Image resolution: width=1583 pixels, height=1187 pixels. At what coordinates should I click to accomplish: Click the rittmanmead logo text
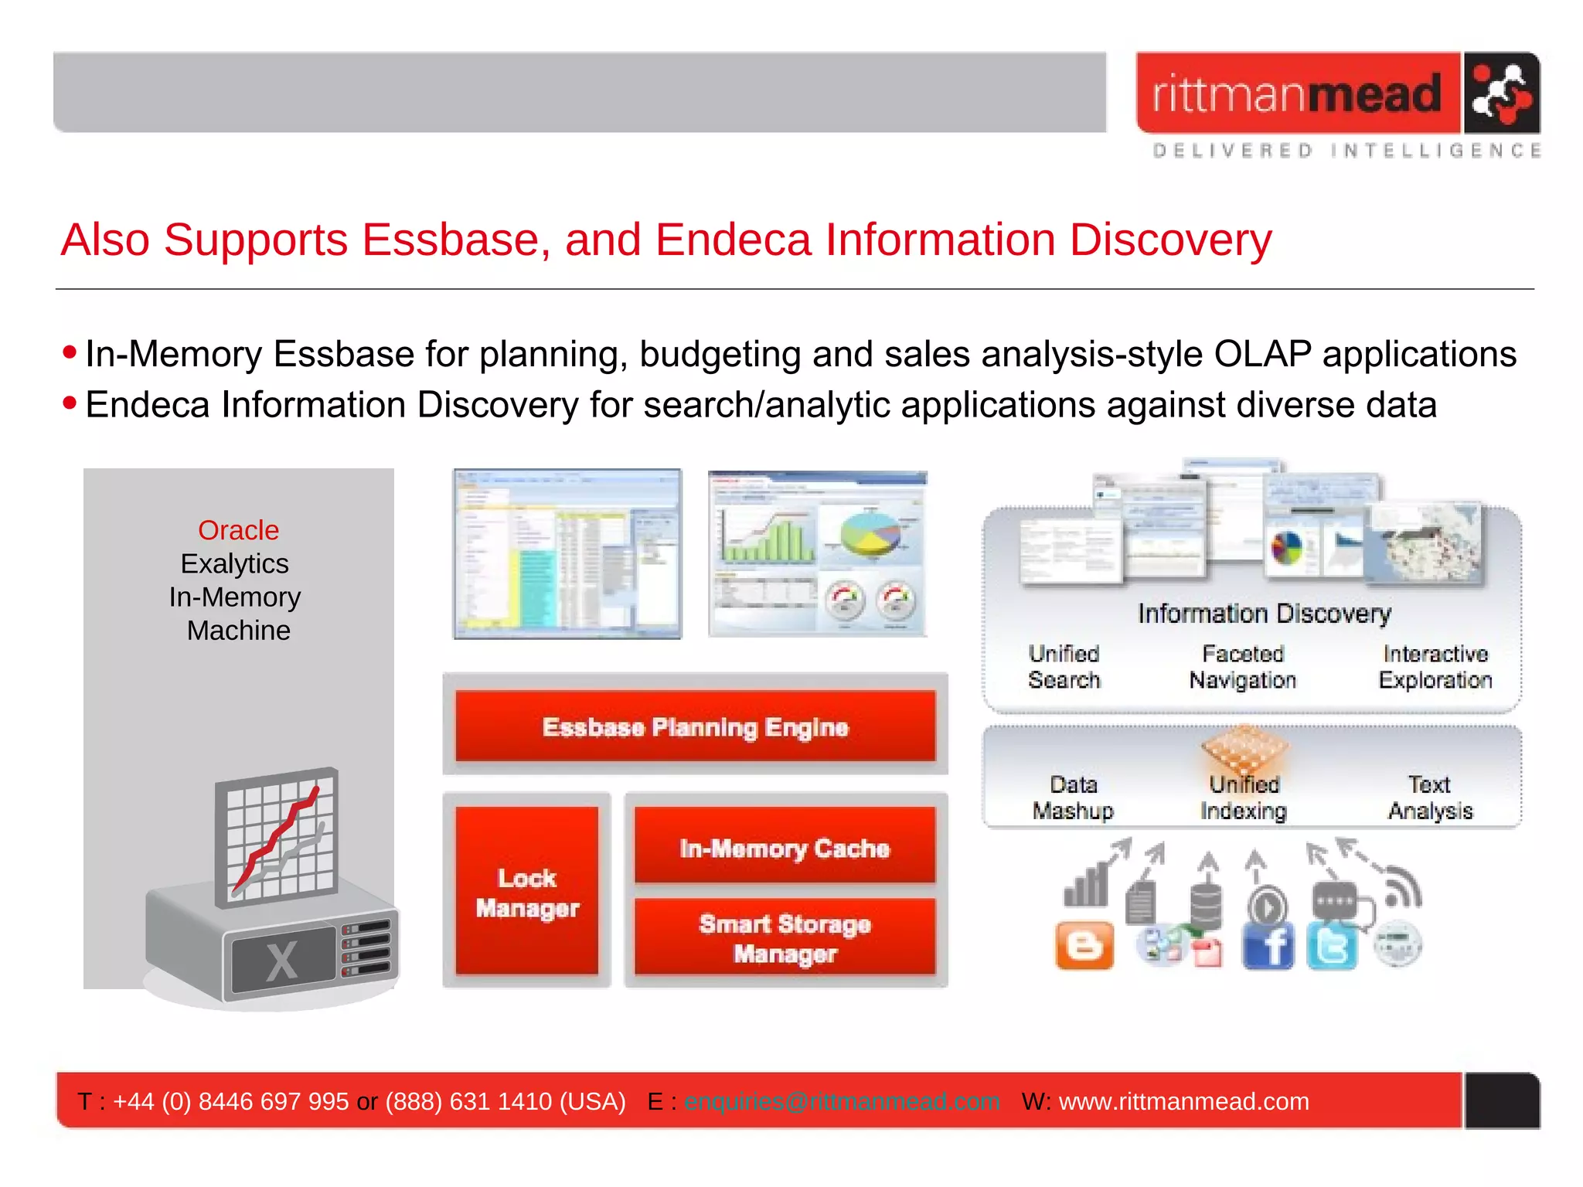tap(1297, 94)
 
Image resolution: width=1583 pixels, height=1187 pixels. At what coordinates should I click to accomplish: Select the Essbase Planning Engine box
tap(695, 726)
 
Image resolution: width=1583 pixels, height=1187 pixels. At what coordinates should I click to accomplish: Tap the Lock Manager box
tap(527, 893)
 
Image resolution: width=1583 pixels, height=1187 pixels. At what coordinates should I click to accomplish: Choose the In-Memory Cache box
tap(785, 848)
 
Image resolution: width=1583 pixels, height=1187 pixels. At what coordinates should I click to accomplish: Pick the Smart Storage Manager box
tap(785, 937)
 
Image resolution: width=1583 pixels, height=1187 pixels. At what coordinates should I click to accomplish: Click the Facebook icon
tap(1268, 946)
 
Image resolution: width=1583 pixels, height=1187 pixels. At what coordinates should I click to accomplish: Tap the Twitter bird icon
tap(1332, 946)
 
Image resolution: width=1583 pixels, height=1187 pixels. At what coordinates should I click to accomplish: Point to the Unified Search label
tap(1064, 666)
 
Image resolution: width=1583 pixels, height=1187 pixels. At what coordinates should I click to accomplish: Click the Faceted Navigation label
tap(1242, 666)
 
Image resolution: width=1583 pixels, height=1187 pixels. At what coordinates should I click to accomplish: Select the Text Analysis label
tap(1429, 798)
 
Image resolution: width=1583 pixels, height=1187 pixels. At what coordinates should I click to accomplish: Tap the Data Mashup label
tap(1073, 798)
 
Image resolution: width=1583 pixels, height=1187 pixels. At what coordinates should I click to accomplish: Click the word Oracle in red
tap(238, 530)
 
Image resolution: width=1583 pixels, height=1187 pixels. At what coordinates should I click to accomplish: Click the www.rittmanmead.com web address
tap(1183, 1101)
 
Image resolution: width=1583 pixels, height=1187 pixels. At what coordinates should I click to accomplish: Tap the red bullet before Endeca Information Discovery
tap(70, 403)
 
